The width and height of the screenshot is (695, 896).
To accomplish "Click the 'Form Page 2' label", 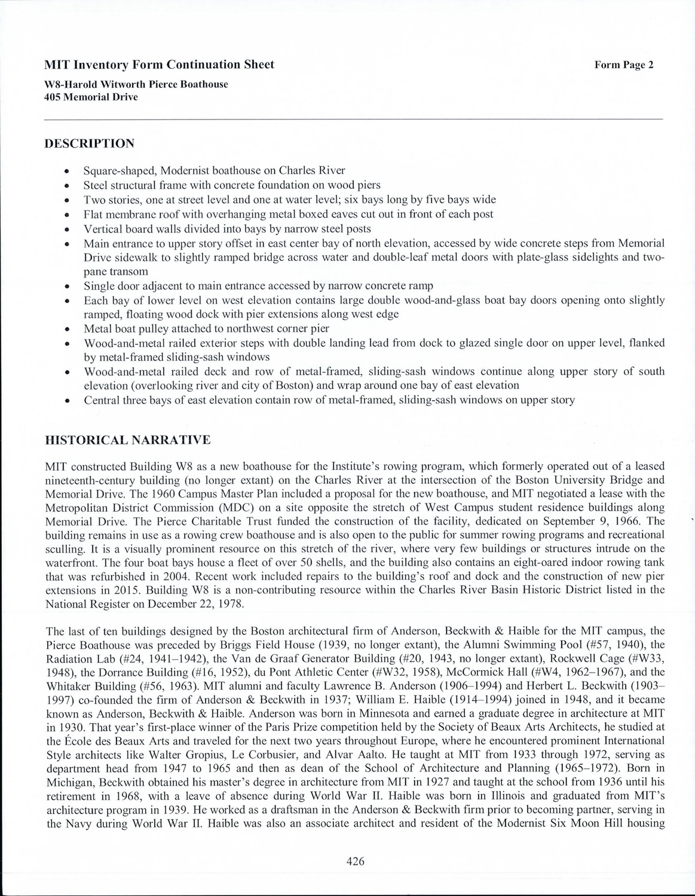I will coord(624,65).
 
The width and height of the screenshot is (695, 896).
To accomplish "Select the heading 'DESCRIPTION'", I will coord(90,143).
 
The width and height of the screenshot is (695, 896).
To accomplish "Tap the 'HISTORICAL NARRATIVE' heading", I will coord(128,440).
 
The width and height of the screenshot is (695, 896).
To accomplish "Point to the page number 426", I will coord(355,861).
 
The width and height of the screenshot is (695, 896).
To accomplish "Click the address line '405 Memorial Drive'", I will coord(91,97).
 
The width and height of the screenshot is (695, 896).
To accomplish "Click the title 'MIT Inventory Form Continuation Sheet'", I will coord(160,65).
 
